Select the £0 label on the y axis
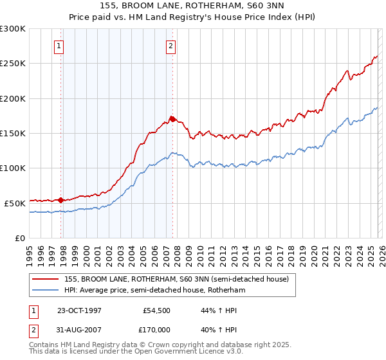(x=19, y=238)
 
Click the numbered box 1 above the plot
(x=59, y=46)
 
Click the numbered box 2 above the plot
(x=171, y=46)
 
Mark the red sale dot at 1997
(x=61, y=200)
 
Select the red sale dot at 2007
(x=172, y=119)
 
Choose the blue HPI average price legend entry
(x=154, y=291)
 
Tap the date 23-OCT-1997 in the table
(x=79, y=310)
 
